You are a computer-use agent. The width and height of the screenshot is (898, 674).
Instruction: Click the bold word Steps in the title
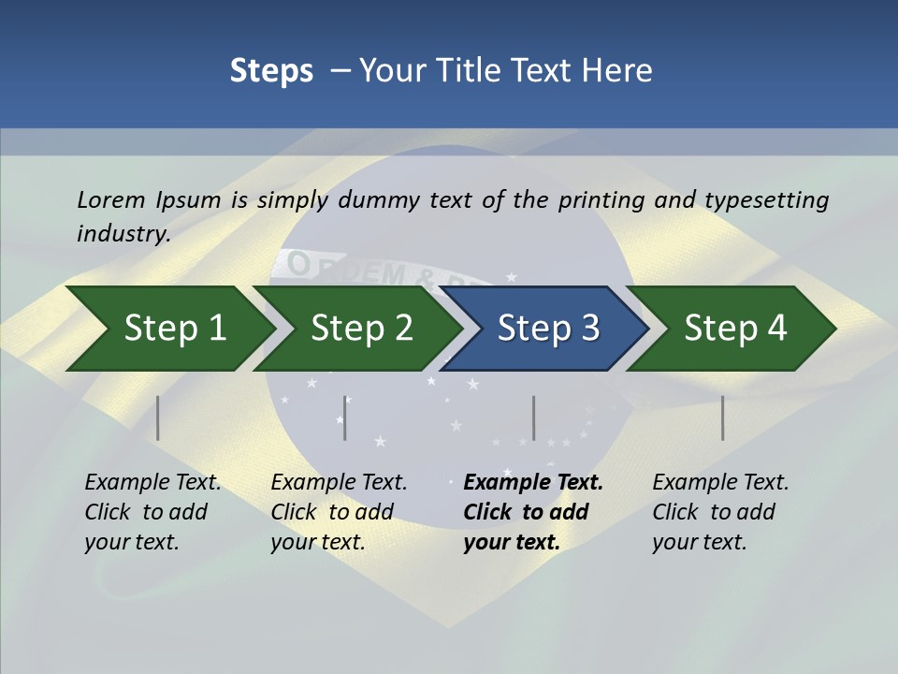(271, 71)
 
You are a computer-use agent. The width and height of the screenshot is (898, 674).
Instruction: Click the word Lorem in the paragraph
(109, 200)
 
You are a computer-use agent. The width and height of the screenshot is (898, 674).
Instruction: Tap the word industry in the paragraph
(123, 233)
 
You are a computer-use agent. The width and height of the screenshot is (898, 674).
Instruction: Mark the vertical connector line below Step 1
(158, 418)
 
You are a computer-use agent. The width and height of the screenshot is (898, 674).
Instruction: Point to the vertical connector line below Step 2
(345, 418)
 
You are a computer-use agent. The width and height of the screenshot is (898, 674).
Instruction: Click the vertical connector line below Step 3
(533, 418)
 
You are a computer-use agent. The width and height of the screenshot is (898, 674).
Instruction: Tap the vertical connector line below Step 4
(722, 418)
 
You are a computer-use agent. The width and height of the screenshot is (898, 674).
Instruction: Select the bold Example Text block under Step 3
(532, 512)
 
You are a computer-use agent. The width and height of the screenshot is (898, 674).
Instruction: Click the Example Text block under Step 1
(152, 512)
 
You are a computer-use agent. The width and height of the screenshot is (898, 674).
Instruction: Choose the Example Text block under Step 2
(339, 512)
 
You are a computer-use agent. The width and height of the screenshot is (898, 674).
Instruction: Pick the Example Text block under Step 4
(720, 512)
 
